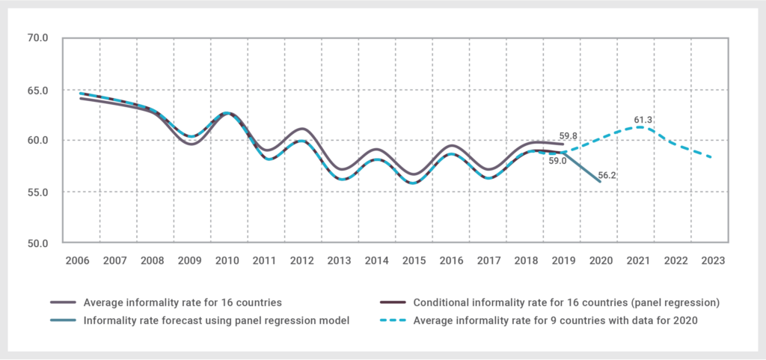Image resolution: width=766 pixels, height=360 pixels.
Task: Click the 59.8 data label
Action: pyautogui.click(x=569, y=136)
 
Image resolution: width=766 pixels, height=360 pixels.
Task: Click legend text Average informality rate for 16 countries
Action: pyautogui.click(x=183, y=303)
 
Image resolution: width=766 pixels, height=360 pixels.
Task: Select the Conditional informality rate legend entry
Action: pyautogui.click(x=566, y=303)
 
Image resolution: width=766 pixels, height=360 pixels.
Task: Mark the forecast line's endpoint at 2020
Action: pyautogui.click(x=599, y=181)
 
